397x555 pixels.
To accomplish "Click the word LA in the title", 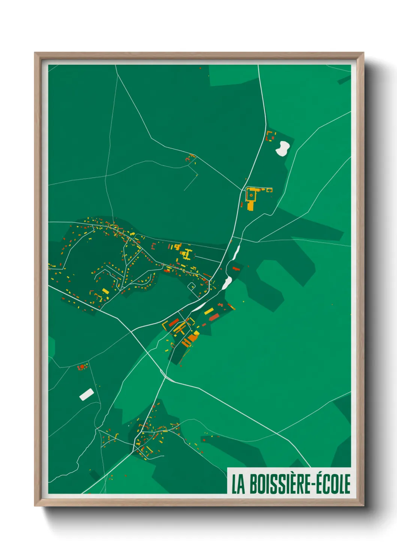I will tap(238, 484).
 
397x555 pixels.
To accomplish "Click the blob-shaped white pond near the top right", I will tap(282, 148).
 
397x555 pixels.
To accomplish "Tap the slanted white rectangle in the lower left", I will tap(87, 394).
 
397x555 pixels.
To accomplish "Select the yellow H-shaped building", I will tap(186, 254).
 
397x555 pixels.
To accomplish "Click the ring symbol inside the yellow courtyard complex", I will tap(251, 195).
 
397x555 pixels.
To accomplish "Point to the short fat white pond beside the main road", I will tap(227, 283).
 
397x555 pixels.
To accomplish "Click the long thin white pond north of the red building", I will tap(236, 252).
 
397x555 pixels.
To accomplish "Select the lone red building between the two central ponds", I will tap(235, 268).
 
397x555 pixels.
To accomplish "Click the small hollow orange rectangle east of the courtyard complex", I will tap(269, 190).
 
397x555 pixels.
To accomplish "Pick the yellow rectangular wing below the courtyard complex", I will tap(250, 205).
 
